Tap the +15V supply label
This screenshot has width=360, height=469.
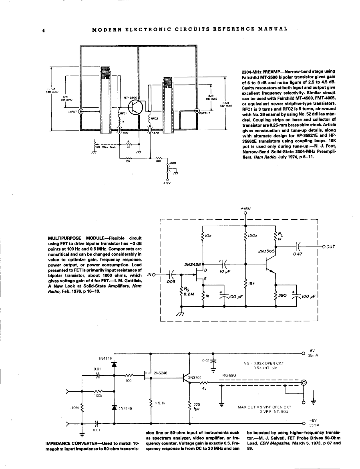(245, 208)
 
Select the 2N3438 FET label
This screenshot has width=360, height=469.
(192, 265)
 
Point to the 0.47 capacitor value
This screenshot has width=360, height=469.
(297, 254)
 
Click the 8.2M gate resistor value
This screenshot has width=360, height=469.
(189, 293)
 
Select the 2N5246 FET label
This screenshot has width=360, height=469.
(160, 373)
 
